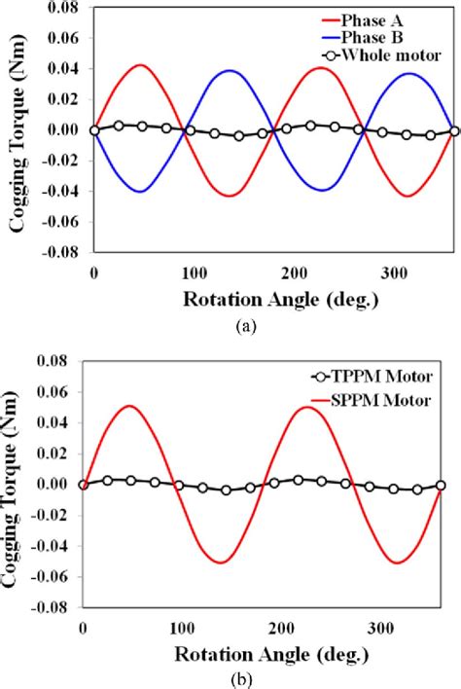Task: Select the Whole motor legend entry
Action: click(x=394, y=54)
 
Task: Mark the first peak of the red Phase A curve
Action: click(x=141, y=65)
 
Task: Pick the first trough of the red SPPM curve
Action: click(x=221, y=562)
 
